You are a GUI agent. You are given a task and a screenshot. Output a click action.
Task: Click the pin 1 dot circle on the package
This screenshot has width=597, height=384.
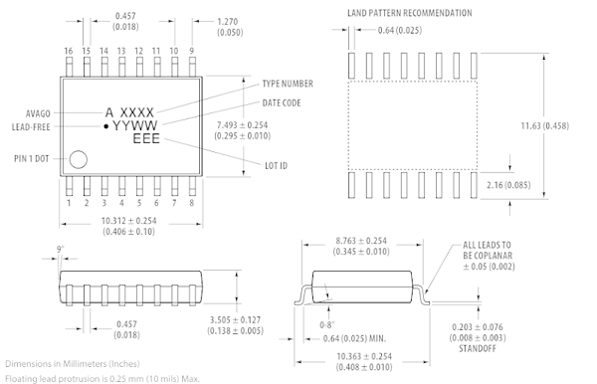click(x=78, y=159)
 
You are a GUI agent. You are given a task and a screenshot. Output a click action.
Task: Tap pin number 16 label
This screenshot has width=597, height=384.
click(x=69, y=51)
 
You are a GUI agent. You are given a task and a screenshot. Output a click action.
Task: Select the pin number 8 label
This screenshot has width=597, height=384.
click(x=191, y=203)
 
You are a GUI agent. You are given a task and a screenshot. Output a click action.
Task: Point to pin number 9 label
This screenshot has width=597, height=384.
click(x=191, y=51)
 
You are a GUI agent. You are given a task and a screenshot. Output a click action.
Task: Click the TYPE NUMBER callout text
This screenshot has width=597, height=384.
click(x=288, y=84)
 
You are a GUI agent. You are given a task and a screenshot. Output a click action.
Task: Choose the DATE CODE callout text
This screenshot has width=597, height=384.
click(x=282, y=103)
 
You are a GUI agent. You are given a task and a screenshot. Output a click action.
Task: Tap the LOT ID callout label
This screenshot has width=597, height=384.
click(x=276, y=166)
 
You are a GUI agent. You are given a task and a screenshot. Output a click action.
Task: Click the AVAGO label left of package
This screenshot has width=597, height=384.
click(x=38, y=113)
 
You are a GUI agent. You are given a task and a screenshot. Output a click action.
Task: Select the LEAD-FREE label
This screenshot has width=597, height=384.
click(x=31, y=127)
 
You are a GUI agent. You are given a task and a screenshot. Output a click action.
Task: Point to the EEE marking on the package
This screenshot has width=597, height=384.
click(x=146, y=139)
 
